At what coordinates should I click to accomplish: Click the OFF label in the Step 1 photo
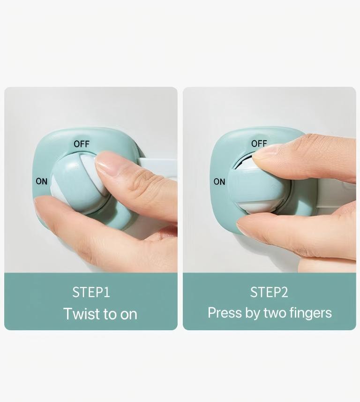(x=82, y=144)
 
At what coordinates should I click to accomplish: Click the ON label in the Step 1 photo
(x=42, y=181)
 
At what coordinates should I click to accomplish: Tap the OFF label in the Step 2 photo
(x=259, y=144)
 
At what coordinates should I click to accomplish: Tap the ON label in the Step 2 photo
(x=219, y=182)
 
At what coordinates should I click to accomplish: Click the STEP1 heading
(x=91, y=292)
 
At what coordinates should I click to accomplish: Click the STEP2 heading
(x=269, y=292)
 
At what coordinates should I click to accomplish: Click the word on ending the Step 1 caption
(x=128, y=315)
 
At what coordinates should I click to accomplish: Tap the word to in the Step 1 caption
(x=110, y=314)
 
